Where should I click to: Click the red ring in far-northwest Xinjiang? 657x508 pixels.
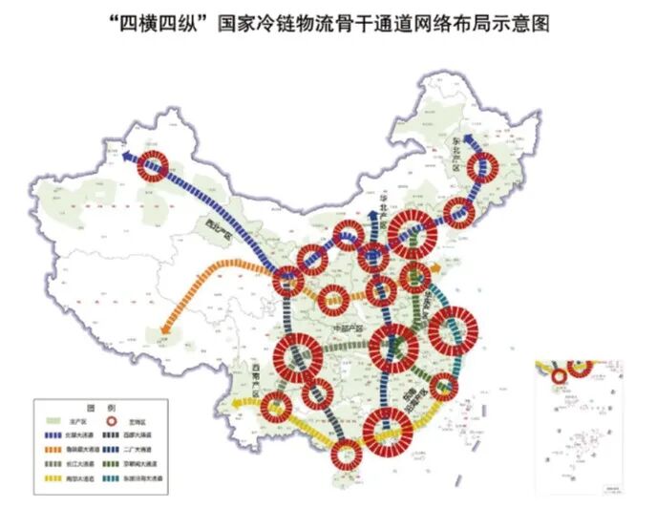coord(153,168)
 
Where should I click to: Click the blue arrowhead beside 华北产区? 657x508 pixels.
coord(371,196)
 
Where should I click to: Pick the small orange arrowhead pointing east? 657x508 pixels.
coord(437,269)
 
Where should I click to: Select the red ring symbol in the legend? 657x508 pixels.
coord(124,421)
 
